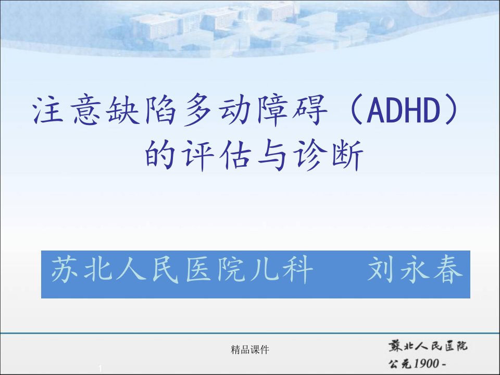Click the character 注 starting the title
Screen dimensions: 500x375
(48, 110)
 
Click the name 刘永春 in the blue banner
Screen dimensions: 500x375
(415, 270)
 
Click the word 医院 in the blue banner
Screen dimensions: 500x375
(214, 270)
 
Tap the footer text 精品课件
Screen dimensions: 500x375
(250, 350)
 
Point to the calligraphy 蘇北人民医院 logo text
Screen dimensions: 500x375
(428, 346)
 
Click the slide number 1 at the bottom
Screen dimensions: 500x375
(100, 369)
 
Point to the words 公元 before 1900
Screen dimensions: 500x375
(400, 363)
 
